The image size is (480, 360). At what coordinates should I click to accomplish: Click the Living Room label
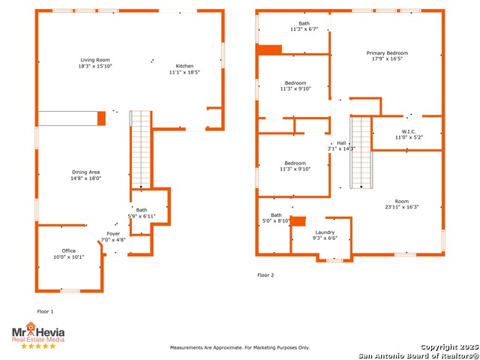pyautogui.click(x=95, y=60)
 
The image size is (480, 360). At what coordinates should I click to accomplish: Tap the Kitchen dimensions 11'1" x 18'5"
pyautogui.click(x=184, y=72)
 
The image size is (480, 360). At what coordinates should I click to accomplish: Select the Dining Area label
pyautogui.click(x=85, y=172)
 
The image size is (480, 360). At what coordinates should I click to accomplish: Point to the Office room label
pyautogui.click(x=68, y=250)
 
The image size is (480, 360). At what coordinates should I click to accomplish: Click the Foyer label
pyautogui.click(x=113, y=233)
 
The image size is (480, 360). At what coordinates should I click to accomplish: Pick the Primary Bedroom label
pyautogui.click(x=387, y=53)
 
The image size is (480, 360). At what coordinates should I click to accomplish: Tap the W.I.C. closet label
pyautogui.click(x=409, y=132)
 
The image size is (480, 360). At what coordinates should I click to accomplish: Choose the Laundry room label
pyautogui.click(x=325, y=232)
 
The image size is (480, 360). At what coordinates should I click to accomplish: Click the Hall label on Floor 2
pyautogui.click(x=341, y=143)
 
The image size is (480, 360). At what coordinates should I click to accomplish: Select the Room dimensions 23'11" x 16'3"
pyautogui.click(x=402, y=207)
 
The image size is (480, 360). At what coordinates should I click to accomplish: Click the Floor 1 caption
pyautogui.click(x=45, y=312)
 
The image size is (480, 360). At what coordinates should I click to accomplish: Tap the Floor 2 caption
pyautogui.click(x=265, y=275)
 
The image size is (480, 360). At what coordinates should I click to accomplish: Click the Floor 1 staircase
pyautogui.click(x=141, y=149)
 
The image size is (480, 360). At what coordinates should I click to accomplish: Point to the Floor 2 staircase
pyautogui.click(x=361, y=152)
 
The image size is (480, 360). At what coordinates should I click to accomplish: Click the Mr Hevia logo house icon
pyautogui.click(x=31, y=326)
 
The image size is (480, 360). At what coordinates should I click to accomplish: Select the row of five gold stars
pyautogui.click(x=38, y=346)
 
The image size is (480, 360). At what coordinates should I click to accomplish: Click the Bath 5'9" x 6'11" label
pyautogui.click(x=142, y=213)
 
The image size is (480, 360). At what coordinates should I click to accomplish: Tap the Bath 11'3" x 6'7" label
pyautogui.click(x=304, y=26)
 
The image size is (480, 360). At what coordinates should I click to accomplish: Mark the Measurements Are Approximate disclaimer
pyautogui.click(x=240, y=348)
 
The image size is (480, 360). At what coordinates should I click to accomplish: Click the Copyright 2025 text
pyautogui.click(x=450, y=347)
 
